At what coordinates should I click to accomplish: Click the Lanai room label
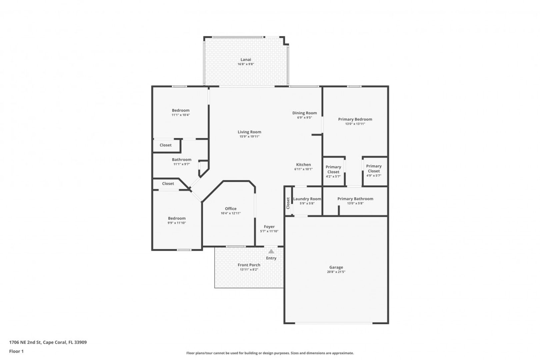tap(246, 60)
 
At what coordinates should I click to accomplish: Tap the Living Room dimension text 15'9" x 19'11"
tap(249, 136)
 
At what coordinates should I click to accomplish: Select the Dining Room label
tap(304, 113)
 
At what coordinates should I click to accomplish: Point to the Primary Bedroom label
tap(355, 119)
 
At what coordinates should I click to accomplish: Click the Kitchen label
tap(304, 165)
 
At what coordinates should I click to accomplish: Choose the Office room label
tap(231, 209)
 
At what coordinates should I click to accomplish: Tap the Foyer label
tap(269, 227)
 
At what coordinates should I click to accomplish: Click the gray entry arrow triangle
tap(271, 251)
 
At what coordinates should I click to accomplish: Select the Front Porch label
tap(249, 265)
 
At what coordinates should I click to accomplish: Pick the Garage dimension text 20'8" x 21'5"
tap(336, 272)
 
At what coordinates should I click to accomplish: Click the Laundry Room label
tap(307, 199)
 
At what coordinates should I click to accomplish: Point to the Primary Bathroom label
tap(355, 199)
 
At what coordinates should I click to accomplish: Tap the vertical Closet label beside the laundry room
tap(288, 203)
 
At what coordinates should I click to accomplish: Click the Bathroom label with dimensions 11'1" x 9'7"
tap(182, 160)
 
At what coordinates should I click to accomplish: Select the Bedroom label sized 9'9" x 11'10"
tap(177, 218)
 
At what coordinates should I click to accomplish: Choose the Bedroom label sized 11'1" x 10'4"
tap(181, 110)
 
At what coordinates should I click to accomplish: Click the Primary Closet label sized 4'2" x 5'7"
tap(333, 169)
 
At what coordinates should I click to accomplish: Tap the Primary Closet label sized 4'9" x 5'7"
tap(374, 169)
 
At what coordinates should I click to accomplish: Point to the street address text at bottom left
tap(48, 342)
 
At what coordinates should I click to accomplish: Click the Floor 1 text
tap(16, 351)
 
